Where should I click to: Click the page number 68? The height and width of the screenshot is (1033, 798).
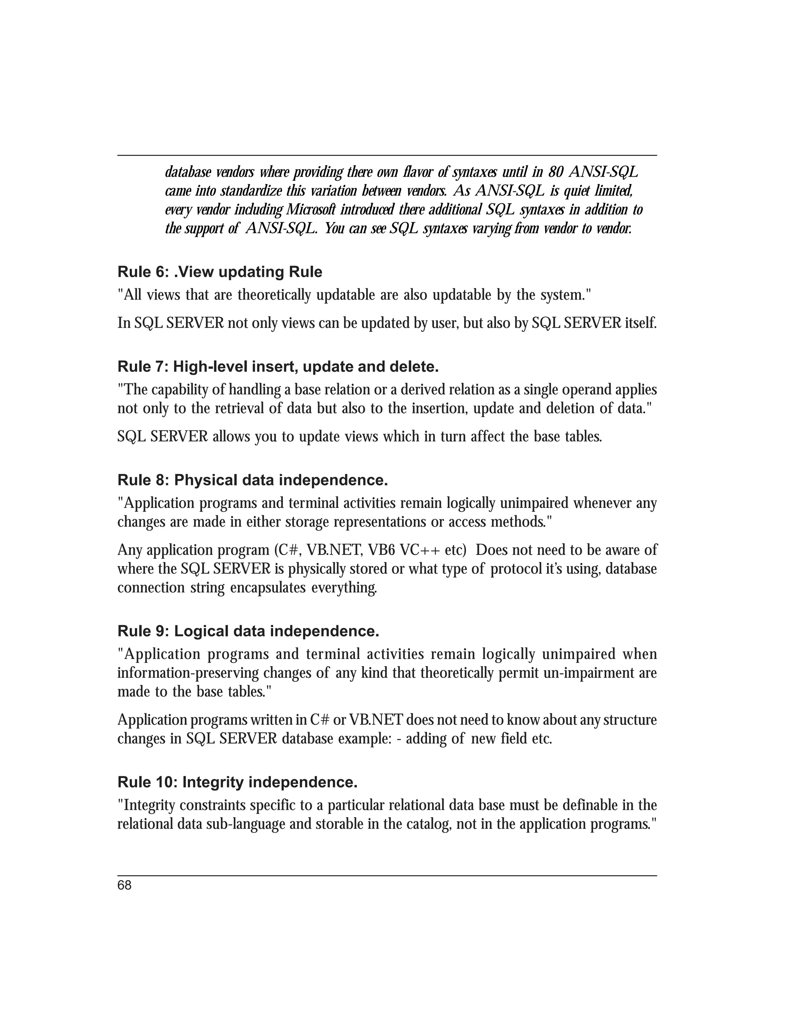pos(124,885)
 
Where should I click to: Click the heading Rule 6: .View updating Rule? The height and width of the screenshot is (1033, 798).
pos(220,272)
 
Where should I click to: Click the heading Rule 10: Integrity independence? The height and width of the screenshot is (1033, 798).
pos(237,783)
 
